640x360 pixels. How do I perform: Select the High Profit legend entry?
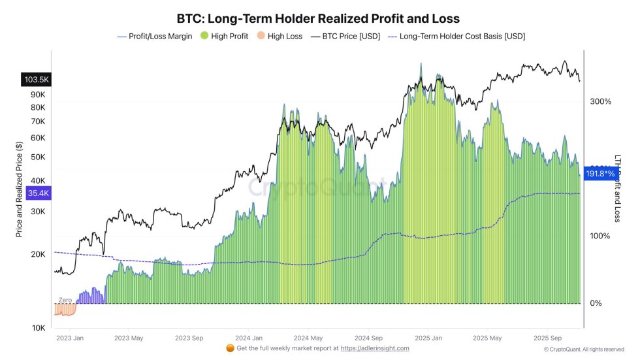click(x=224, y=37)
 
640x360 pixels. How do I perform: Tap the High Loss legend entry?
click(x=279, y=37)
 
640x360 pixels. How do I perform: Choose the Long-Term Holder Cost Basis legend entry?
click(x=456, y=37)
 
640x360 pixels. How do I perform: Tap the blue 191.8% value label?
click(x=600, y=174)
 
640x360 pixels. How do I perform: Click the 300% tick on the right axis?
click(x=600, y=102)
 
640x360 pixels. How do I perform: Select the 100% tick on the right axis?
click(x=600, y=236)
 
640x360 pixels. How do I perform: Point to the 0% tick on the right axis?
click(x=596, y=304)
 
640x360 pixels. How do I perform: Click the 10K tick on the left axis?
click(x=39, y=328)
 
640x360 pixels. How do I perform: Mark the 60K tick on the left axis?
click(x=39, y=138)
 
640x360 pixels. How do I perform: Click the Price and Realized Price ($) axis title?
click(x=20, y=189)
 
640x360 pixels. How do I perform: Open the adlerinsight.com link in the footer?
click(x=374, y=348)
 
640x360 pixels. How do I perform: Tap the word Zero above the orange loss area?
click(x=65, y=299)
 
